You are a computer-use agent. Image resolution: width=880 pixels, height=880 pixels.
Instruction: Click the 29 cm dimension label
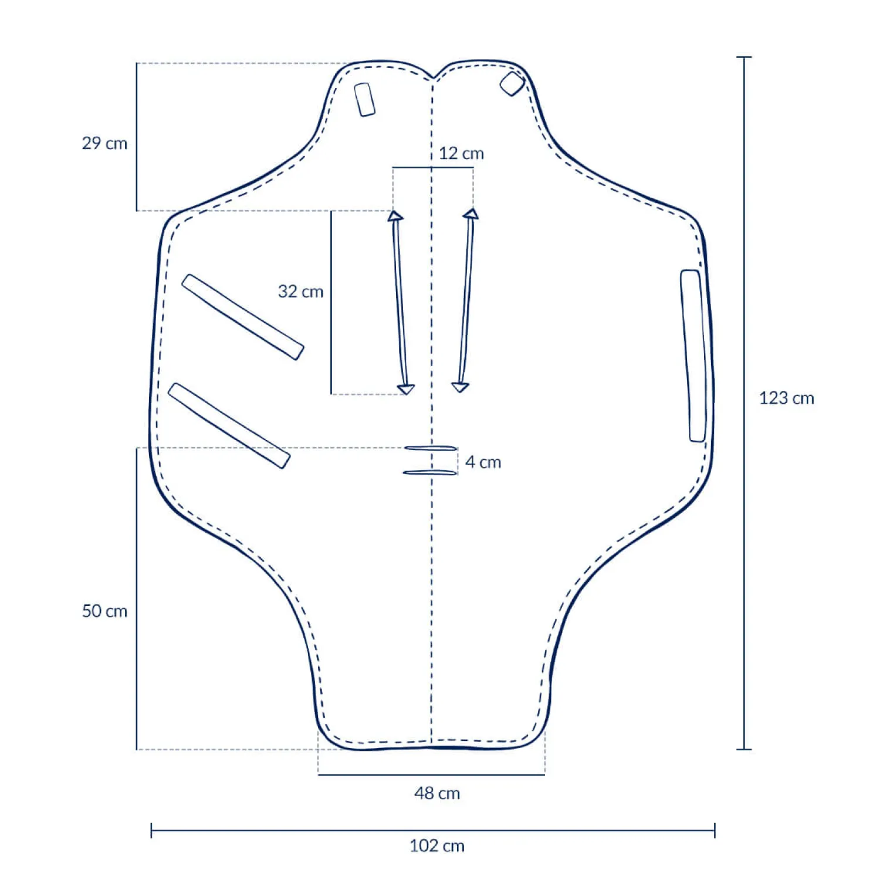pyautogui.click(x=104, y=143)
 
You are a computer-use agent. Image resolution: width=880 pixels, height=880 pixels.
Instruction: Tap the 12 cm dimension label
pyautogui.click(x=461, y=154)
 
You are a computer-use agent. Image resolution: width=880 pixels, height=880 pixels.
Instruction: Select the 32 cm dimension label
pyautogui.click(x=300, y=292)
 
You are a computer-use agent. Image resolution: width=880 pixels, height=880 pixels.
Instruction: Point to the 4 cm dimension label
pyautogui.click(x=483, y=462)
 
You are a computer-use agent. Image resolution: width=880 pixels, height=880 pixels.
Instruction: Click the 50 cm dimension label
pyautogui.click(x=104, y=611)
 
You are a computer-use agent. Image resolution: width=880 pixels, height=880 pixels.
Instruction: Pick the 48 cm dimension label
pyautogui.click(x=437, y=794)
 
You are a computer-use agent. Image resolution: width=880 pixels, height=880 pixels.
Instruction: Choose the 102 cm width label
pyautogui.click(x=437, y=846)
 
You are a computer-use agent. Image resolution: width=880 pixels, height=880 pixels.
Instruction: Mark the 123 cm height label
pyautogui.click(x=787, y=398)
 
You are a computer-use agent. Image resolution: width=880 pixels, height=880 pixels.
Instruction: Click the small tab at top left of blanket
pyautogui.click(x=364, y=100)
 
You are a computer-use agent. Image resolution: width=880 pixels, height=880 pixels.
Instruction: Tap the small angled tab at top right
pyautogui.click(x=512, y=84)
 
